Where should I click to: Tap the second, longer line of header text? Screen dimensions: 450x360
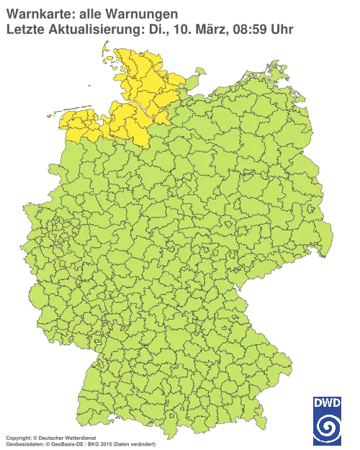(x=148, y=29)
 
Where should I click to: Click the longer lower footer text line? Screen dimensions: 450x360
(x=79, y=442)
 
